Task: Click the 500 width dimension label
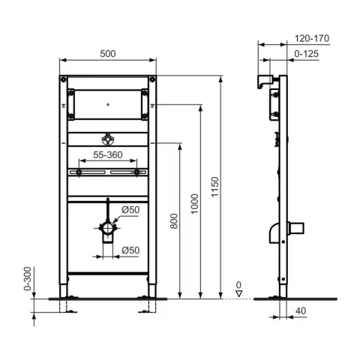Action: tap(107, 53)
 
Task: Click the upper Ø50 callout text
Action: tap(130, 210)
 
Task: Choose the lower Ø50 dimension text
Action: tap(130, 249)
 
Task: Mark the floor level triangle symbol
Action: tap(238, 294)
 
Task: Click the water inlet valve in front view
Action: tap(107, 140)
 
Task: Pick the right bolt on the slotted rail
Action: tap(136, 172)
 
